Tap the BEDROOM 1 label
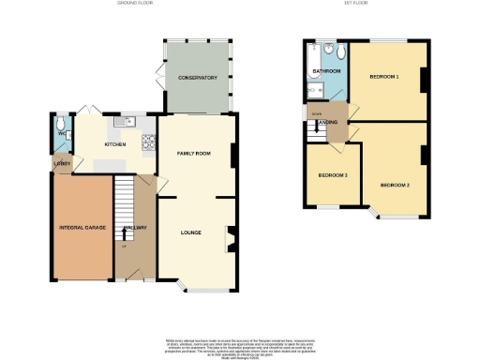385,76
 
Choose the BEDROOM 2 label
397,185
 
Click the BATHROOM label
325,70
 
